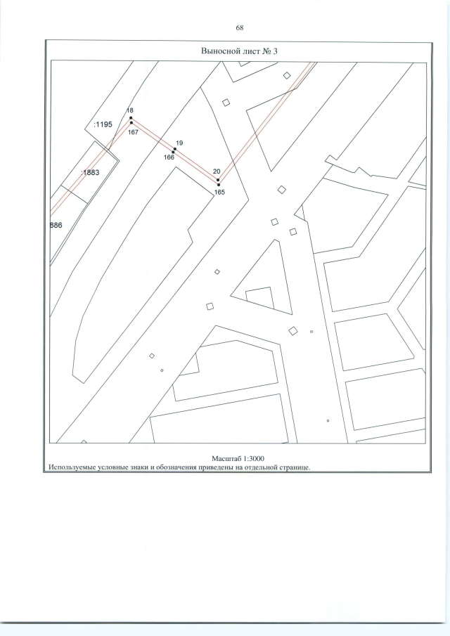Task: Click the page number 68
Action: (x=239, y=27)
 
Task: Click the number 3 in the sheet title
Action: (x=275, y=51)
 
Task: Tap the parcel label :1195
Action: (x=103, y=124)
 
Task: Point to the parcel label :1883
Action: (x=90, y=172)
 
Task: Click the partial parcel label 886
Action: (x=56, y=225)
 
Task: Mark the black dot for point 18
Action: (x=131, y=118)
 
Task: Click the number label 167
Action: (x=133, y=132)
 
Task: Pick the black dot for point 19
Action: (x=175, y=149)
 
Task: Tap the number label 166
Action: (x=169, y=157)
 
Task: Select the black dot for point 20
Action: (x=218, y=180)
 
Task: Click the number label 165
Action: (x=219, y=193)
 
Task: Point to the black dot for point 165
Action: (x=219, y=185)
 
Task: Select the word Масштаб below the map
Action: (x=226, y=459)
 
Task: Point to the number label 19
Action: (x=179, y=143)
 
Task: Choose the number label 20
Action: (x=217, y=171)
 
